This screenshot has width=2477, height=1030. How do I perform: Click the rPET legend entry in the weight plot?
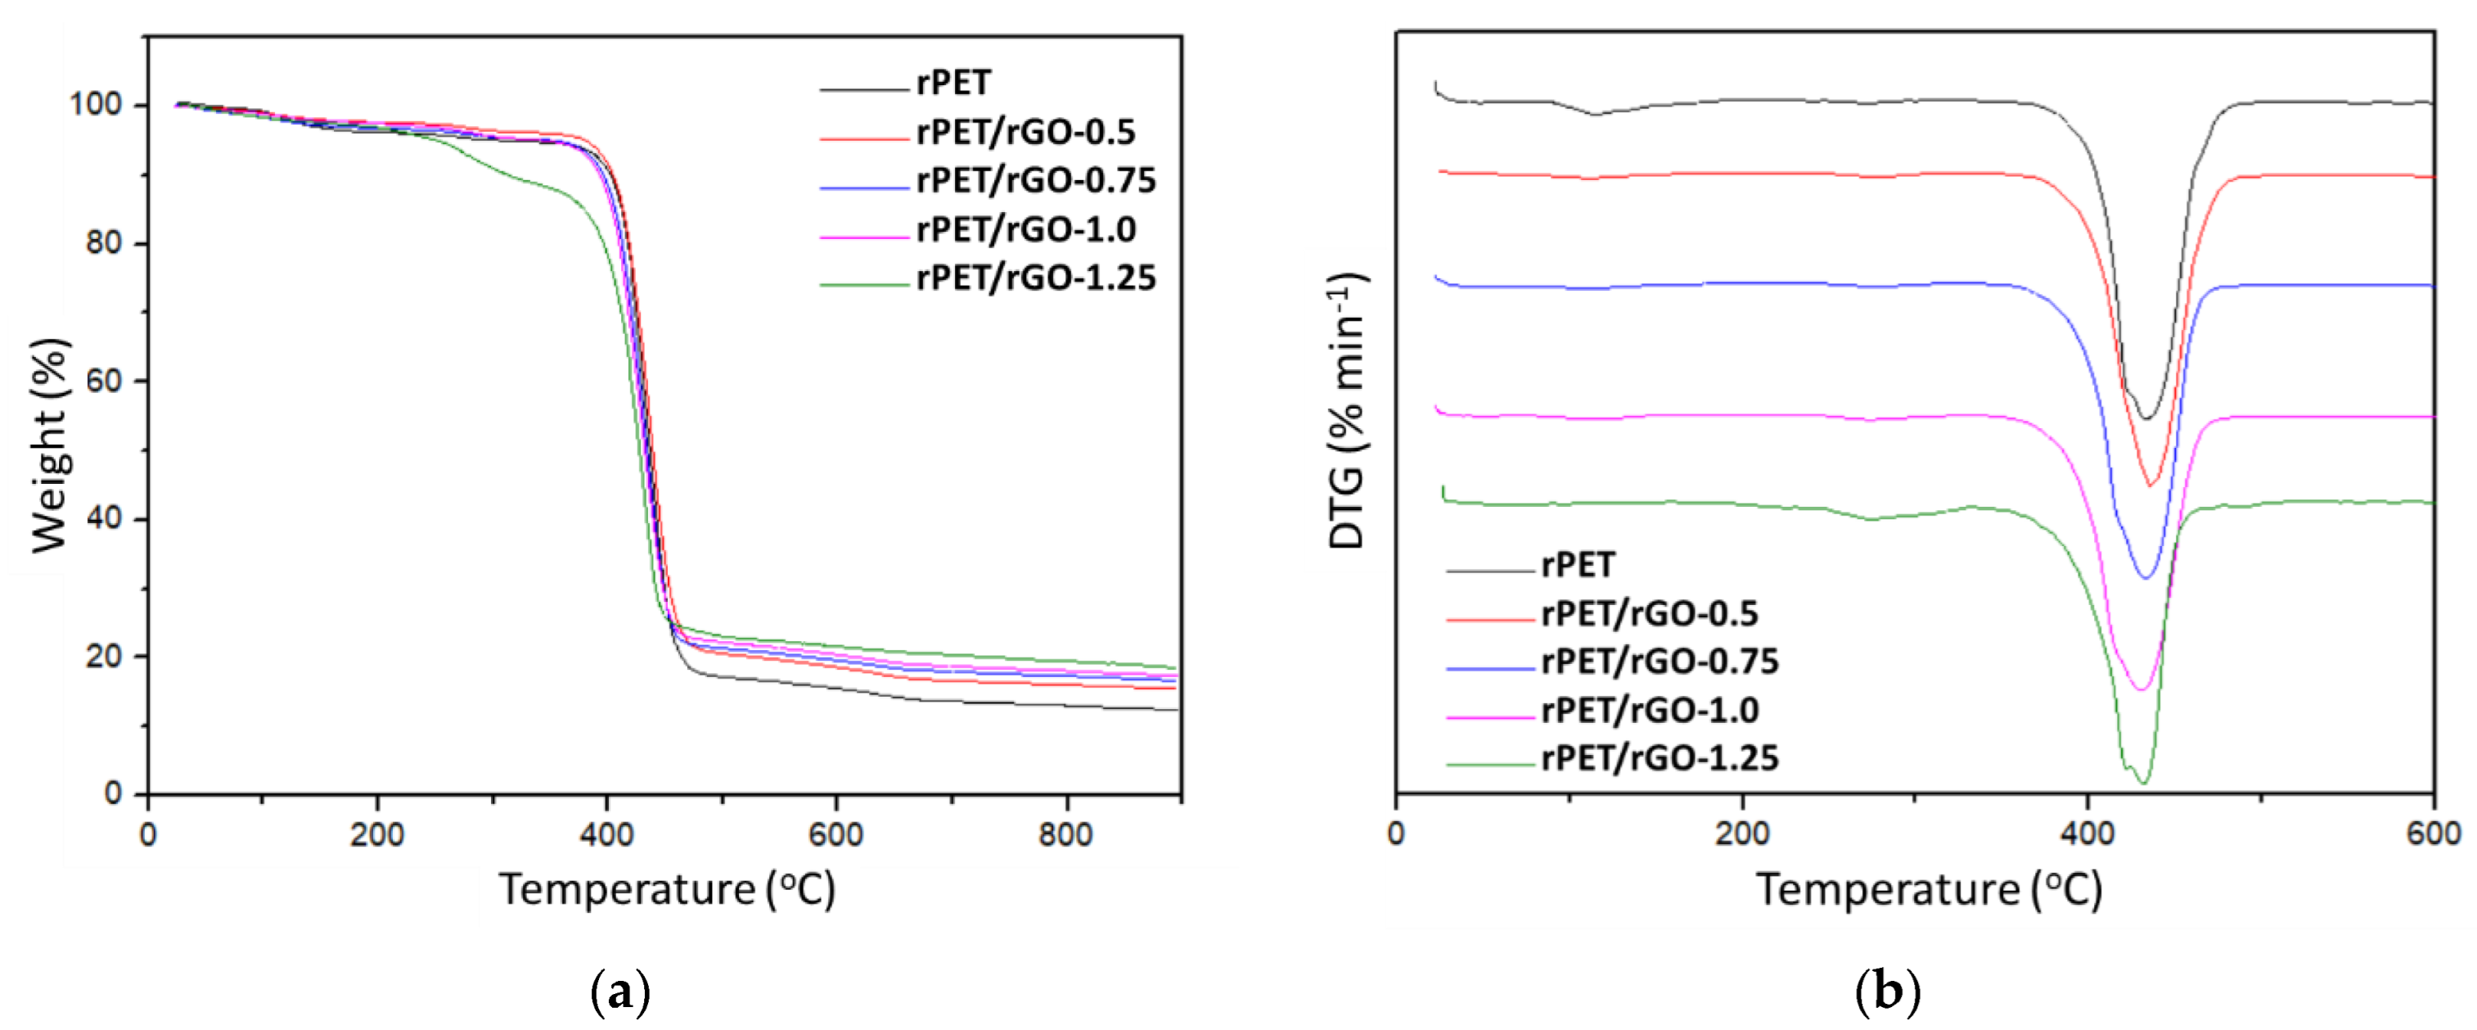click(952, 84)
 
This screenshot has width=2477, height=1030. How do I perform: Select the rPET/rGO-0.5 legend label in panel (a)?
click(1025, 132)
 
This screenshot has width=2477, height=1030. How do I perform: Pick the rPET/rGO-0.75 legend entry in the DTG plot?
click(1660, 662)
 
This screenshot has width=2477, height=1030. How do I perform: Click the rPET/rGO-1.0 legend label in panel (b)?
click(1650, 711)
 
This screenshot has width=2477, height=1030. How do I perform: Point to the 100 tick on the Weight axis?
click(97, 104)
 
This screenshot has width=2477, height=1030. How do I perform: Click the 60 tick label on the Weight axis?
click(104, 381)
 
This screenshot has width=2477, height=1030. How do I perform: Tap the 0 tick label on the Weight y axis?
click(114, 793)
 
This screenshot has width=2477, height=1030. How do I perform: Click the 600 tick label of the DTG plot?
click(2433, 833)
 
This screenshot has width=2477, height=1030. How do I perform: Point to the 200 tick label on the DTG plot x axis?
click(1741, 833)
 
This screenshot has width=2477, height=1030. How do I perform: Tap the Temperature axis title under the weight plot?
click(666, 890)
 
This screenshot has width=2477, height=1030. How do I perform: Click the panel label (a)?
click(619, 992)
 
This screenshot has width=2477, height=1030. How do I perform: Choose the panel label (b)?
click(1887, 992)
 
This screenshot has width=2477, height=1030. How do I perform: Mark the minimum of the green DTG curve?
click(2143, 783)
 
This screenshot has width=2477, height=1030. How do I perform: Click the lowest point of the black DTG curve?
click(2146, 418)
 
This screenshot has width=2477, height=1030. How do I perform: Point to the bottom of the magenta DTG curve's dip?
click(2141, 689)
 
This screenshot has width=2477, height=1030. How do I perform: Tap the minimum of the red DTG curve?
click(2151, 485)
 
